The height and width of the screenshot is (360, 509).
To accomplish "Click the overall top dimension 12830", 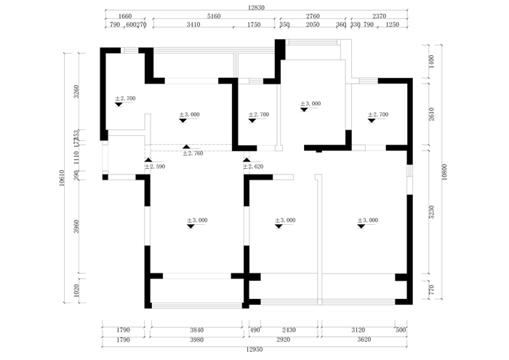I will tap(256, 7).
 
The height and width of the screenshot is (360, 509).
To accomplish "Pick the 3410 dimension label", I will tap(193, 25).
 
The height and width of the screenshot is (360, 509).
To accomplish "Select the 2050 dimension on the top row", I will tap(313, 25).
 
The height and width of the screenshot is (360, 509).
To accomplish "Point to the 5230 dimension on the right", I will tap(430, 212).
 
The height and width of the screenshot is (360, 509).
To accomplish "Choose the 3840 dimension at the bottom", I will tap(196, 330).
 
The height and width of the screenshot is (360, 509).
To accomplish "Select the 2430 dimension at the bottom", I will tap(289, 330).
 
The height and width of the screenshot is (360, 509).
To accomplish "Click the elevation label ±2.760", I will tap(192, 153).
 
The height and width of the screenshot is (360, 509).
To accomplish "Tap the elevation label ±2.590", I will tap(154, 167).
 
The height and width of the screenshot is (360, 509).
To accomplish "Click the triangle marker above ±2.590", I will tap(148, 159).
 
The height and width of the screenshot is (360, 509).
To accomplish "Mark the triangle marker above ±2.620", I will tap(246, 159).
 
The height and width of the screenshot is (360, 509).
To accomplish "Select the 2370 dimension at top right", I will tap(379, 15).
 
